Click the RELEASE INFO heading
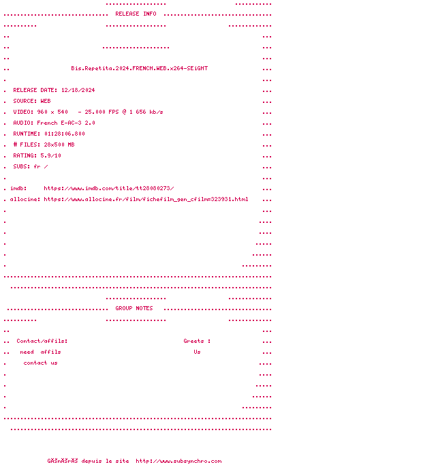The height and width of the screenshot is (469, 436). (136, 14)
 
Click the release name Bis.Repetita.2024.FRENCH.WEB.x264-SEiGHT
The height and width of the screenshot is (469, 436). (140, 68)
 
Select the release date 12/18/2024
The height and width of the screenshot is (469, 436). (78, 90)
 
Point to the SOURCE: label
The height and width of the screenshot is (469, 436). (25, 101)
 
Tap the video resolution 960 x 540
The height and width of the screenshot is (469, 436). (52, 112)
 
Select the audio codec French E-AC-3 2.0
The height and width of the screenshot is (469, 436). (66, 123)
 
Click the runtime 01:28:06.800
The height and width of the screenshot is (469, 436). (64, 134)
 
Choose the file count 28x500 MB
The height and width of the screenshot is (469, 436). (59, 145)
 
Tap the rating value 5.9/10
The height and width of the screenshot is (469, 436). (50, 155)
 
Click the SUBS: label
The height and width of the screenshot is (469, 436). (22, 166)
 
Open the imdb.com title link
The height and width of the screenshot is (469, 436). (109, 188)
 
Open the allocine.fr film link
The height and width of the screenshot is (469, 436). (146, 199)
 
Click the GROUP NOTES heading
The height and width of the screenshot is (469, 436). (134, 308)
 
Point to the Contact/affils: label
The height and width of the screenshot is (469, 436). (42, 341)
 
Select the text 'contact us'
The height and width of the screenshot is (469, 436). (40, 363)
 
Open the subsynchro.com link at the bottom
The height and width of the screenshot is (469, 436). (178, 461)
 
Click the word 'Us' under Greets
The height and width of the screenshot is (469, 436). (197, 352)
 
